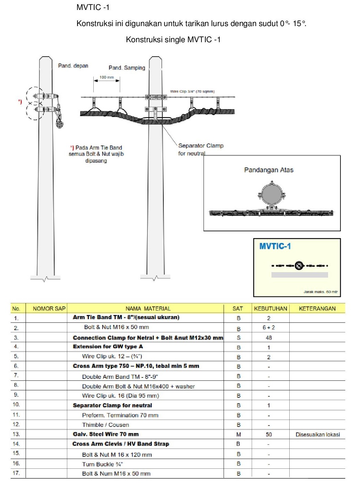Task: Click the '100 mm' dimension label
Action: coord(106,77)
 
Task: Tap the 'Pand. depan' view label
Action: coord(73,66)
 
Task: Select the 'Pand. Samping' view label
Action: coord(127,68)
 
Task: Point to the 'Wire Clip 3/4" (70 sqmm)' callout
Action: coord(192,91)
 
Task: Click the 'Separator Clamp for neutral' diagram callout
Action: coord(200,149)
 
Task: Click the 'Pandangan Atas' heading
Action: coord(269,170)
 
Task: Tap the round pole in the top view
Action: coord(271,194)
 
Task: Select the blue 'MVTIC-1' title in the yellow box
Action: coord(275,246)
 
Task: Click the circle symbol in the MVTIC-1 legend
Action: coord(299,266)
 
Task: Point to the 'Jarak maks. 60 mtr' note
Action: coord(320,292)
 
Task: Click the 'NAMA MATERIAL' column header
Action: coord(148,308)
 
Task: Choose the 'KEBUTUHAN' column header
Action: coord(270,308)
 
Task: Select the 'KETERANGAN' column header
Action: coord(317,308)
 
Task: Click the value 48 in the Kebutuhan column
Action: coord(269,338)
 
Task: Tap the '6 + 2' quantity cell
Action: coord(269,327)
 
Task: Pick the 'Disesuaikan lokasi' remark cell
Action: coord(317,434)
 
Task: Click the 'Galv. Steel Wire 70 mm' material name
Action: coord(106,434)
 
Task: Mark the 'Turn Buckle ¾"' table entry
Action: coord(102,464)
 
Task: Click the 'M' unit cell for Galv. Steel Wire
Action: coord(239,434)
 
